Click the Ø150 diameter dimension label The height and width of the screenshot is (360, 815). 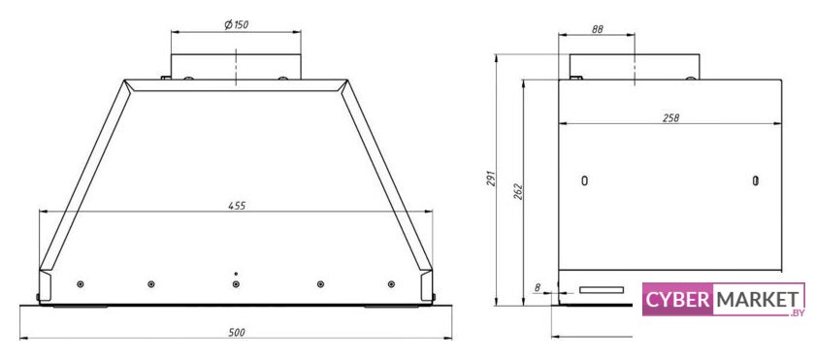click(236, 24)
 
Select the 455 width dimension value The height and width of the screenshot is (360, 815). click(237, 206)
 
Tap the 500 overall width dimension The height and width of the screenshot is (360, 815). click(237, 333)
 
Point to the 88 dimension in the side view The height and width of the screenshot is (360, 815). click(597, 30)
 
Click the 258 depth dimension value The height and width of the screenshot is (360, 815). click(670, 118)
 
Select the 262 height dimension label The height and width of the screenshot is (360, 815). click(519, 191)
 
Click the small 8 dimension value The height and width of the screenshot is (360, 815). click(537, 286)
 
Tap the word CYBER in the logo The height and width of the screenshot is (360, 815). click(678, 300)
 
